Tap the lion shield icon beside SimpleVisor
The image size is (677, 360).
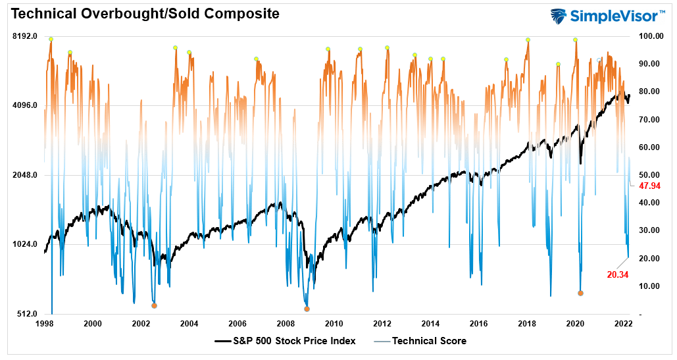(559, 16)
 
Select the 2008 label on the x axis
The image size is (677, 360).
(286, 324)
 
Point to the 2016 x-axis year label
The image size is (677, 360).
(478, 324)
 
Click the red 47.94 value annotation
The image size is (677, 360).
(649, 186)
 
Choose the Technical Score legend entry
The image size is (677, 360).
(429, 341)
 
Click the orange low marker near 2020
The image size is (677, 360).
(580, 293)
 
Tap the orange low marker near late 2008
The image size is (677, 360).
(307, 309)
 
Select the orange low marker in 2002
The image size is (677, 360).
(154, 305)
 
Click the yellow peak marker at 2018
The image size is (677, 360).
(528, 40)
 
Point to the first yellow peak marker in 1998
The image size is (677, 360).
(51, 39)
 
